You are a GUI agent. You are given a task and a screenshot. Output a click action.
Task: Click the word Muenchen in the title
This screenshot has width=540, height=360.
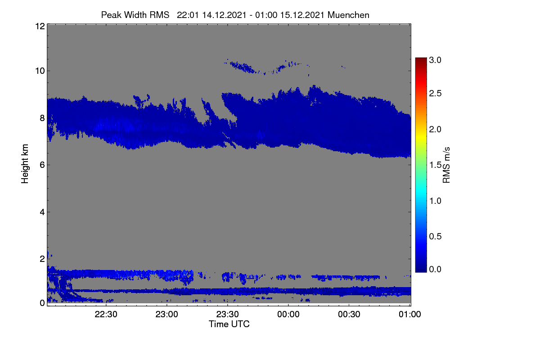(x=348, y=15)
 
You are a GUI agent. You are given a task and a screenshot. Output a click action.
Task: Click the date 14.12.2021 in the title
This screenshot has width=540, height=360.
(x=224, y=15)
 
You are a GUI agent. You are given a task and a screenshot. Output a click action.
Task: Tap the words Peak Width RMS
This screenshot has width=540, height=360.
(x=135, y=15)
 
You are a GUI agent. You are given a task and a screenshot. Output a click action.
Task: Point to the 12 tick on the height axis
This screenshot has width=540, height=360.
(x=40, y=26)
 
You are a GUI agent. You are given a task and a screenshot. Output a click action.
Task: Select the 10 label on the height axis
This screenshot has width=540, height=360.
(x=40, y=71)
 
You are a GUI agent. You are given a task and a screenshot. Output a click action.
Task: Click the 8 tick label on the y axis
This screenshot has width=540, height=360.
(x=42, y=118)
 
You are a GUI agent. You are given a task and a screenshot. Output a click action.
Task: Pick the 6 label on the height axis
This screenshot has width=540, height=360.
(x=42, y=165)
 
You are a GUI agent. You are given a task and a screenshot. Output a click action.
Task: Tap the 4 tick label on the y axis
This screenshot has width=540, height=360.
(x=42, y=212)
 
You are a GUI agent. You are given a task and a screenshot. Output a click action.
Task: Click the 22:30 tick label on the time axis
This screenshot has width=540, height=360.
(x=106, y=314)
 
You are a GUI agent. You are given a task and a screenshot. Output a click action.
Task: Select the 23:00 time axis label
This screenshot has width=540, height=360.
(x=166, y=314)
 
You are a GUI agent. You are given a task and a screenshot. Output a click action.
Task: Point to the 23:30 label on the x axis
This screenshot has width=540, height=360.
(x=227, y=314)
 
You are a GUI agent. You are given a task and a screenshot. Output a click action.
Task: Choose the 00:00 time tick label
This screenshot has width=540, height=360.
(x=288, y=314)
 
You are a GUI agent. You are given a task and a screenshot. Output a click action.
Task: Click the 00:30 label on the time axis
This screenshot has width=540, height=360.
(x=349, y=314)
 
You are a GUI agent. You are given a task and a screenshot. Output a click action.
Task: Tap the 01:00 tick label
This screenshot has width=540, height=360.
(x=410, y=314)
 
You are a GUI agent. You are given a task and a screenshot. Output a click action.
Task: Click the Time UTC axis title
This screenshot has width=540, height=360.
(x=229, y=324)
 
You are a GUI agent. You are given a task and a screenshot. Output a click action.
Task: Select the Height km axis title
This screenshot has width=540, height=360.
(x=25, y=164)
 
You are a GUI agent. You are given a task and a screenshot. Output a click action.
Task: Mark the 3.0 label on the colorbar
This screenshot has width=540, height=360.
(x=435, y=60)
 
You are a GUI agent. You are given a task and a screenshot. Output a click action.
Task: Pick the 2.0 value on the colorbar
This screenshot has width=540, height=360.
(x=435, y=130)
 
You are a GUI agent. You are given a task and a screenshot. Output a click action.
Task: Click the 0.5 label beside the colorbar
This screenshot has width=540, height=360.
(x=435, y=237)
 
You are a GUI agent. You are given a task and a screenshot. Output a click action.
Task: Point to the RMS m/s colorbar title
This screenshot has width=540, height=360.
(x=446, y=165)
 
